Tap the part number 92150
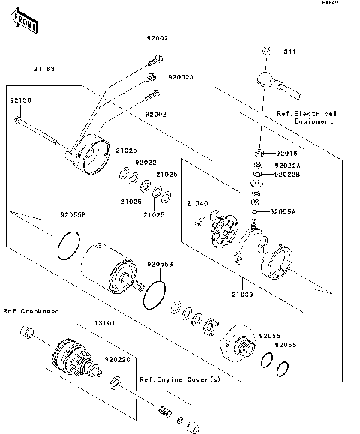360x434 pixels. click(x=19, y=100)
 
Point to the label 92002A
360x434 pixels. click(x=181, y=77)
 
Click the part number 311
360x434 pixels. click(x=289, y=52)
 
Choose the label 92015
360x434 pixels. click(x=286, y=153)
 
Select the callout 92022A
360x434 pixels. click(x=287, y=165)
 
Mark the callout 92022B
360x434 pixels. click(x=287, y=175)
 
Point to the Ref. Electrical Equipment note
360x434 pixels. click(x=306, y=117)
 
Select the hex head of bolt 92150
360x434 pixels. click(x=17, y=119)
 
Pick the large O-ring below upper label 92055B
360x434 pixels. click(x=68, y=244)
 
